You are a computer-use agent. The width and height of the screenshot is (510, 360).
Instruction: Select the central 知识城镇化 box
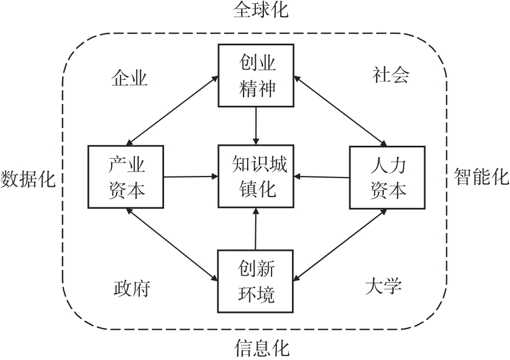click(x=256, y=176)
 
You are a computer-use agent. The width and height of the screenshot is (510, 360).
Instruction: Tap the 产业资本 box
click(x=126, y=176)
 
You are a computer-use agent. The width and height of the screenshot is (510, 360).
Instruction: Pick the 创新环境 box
click(x=256, y=281)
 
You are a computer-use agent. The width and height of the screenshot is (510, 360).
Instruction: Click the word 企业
click(x=129, y=78)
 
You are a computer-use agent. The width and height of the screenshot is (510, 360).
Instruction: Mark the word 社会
click(x=391, y=74)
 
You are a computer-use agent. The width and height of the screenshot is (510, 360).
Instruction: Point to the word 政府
click(x=131, y=288)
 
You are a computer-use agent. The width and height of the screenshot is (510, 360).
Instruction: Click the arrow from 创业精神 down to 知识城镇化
click(x=256, y=125)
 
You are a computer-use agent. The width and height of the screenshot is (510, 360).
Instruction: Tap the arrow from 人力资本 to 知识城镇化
click(x=322, y=176)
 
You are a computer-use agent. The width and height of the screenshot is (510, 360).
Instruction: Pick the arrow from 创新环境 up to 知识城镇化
click(x=256, y=229)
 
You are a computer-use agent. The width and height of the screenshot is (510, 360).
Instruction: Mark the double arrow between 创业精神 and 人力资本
click(x=341, y=110)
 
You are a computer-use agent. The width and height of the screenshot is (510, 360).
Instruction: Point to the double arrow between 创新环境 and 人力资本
click(x=342, y=243)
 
